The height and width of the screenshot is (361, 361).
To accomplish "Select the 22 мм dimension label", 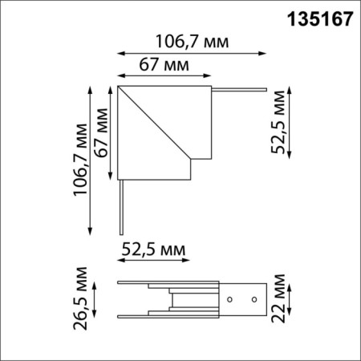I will pos(278,299).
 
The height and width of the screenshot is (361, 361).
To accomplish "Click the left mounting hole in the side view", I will pos(231,301).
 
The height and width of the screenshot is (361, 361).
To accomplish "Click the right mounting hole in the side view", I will pos(254,301).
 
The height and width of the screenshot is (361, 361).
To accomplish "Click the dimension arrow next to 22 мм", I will pos(290,301).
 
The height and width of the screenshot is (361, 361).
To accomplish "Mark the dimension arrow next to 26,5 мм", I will pos(95,301).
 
